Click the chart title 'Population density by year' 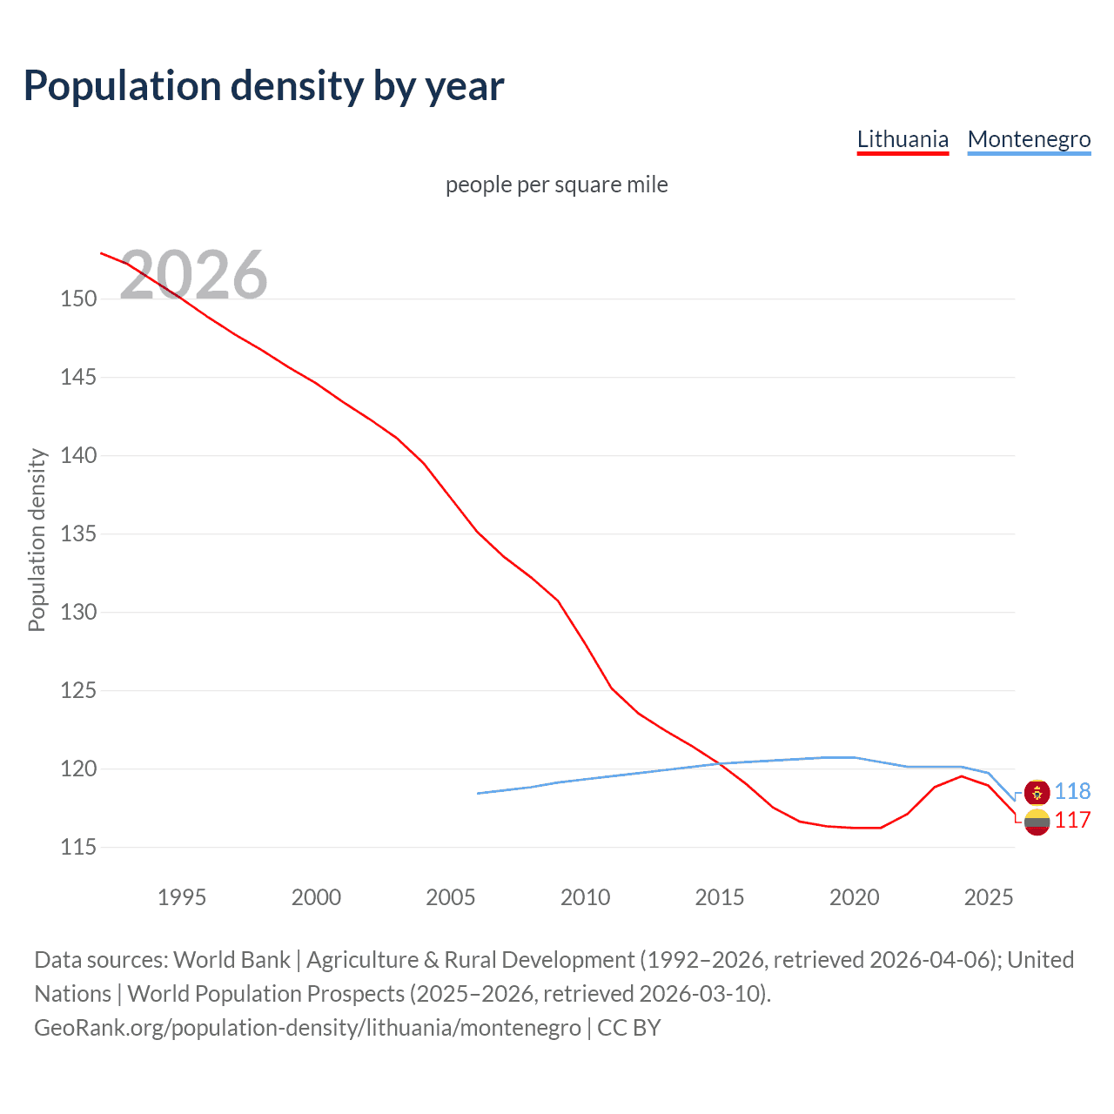(x=264, y=86)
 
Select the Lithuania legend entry (x=903, y=139)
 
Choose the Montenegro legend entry (x=1029, y=139)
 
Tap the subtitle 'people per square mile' (x=556, y=185)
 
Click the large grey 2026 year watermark (x=193, y=275)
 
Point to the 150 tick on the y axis (x=78, y=299)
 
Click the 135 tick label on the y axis (x=78, y=534)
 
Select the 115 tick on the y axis (x=78, y=847)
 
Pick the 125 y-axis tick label (x=78, y=690)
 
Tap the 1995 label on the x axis (x=181, y=897)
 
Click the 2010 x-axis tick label (x=585, y=897)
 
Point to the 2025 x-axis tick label (x=989, y=897)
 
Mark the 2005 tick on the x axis (x=450, y=897)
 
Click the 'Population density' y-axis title (x=37, y=540)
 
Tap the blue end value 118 (x=1072, y=791)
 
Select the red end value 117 (x=1072, y=821)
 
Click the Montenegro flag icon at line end (x=1037, y=792)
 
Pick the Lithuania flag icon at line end (x=1037, y=822)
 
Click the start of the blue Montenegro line (x=479, y=793)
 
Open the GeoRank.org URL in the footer (x=307, y=1028)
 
